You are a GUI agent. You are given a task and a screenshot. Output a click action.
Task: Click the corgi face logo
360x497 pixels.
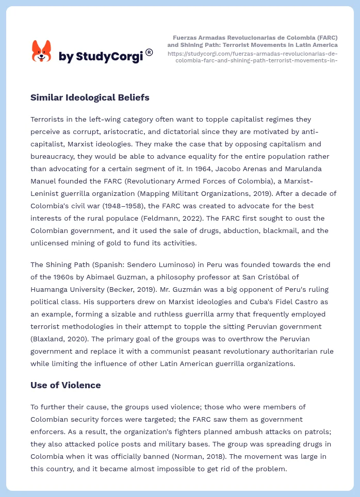point(42,51)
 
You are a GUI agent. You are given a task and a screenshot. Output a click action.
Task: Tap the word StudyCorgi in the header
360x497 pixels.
point(109,57)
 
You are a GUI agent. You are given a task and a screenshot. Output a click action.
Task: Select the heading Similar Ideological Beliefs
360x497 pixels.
point(90,97)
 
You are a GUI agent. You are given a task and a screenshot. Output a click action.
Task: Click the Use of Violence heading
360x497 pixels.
point(66,385)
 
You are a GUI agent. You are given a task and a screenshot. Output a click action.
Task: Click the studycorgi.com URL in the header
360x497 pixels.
point(253,57)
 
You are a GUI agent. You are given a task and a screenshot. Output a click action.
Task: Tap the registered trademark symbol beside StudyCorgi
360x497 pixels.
point(149,52)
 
